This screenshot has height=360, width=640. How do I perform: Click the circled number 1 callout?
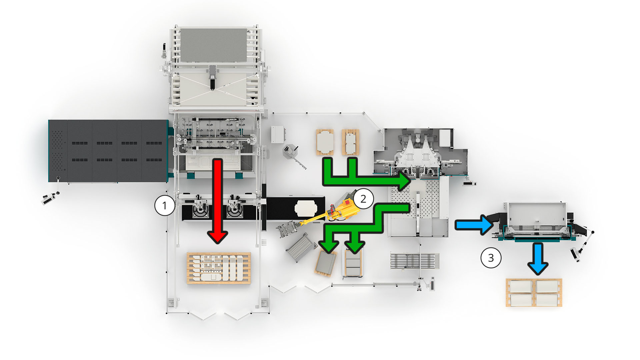click(164, 205)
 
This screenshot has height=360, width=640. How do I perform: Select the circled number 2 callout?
click(363, 199)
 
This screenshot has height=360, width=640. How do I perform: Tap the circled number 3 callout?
click(491, 258)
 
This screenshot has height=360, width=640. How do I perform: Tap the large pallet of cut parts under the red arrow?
click(219, 268)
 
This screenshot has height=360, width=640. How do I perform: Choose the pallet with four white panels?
click(534, 293)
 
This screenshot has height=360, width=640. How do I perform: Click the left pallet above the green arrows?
click(325, 142)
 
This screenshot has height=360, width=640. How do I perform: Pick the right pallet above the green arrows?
click(350, 142)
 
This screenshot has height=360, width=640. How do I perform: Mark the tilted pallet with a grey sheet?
click(326, 263)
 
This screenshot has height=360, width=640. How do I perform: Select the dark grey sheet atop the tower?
click(213, 45)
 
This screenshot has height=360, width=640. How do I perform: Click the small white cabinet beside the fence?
click(277, 134)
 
